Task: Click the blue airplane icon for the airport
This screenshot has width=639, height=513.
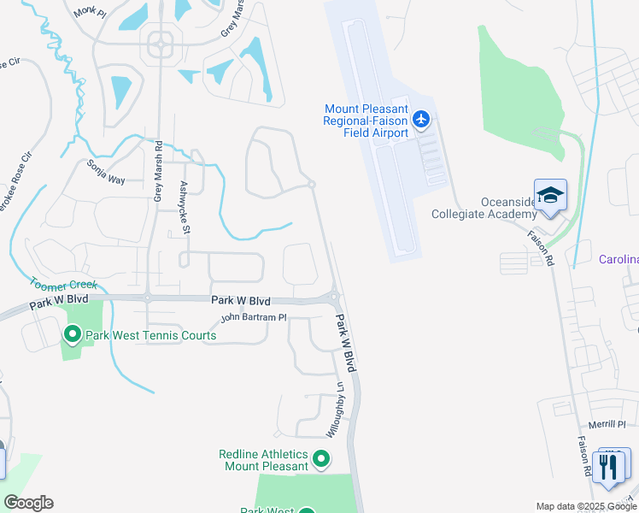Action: [x=420, y=120]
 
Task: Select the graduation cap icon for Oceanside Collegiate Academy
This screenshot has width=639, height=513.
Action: [x=550, y=196]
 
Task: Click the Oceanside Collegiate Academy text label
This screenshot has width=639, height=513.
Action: [x=484, y=208]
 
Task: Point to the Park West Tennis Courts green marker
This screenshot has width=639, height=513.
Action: [x=72, y=334]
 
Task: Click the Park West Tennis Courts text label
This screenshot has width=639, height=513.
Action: [x=149, y=335]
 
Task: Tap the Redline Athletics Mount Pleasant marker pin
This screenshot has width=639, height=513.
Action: [x=321, y=460]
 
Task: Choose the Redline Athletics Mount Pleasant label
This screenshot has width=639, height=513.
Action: [x=266, y=459]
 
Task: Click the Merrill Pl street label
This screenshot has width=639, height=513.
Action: [x=607, y=424]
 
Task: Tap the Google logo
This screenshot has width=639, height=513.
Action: [x=28, y=503]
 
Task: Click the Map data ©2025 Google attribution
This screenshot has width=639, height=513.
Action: [x=586, y=506]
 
